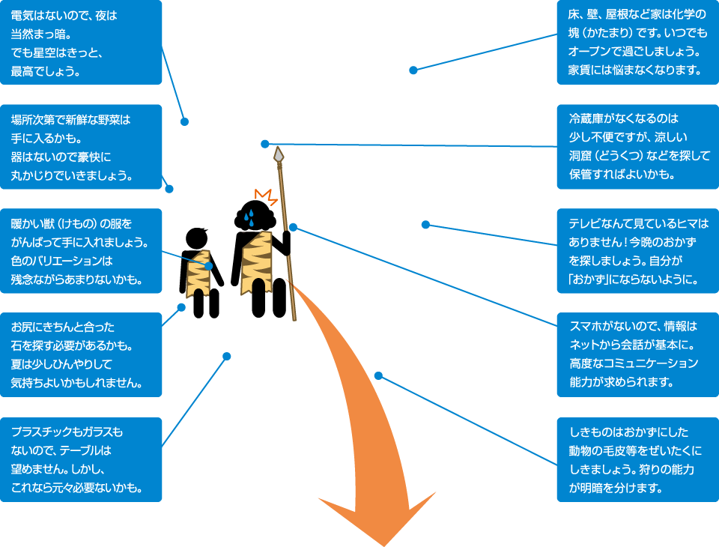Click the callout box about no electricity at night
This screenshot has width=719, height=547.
[81, 43]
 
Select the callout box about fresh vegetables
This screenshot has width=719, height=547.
[81, 147]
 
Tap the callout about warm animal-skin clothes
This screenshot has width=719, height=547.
[81, 251]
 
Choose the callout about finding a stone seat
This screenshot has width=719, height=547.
[81, 355]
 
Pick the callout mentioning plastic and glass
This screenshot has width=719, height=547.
[81, 459]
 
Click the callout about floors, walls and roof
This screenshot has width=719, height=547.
[638, 43]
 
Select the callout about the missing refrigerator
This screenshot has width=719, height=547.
[638, 147]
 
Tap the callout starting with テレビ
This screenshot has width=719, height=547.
[638, 251]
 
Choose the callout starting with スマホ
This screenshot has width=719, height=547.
[638, 355]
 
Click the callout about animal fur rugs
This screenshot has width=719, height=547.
[638, 459]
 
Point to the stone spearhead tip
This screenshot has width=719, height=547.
[279, 154]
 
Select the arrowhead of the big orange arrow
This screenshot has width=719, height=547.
[379, 517]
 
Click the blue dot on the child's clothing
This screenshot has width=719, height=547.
[209, 266]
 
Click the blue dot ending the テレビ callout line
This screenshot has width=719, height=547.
[425, 224]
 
